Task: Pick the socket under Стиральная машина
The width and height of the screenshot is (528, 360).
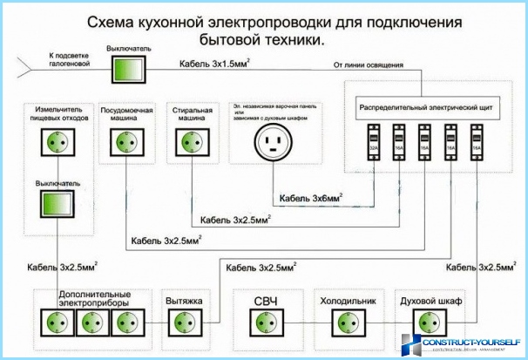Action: click(x=191, y=142)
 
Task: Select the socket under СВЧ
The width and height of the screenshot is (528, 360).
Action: click(x=266, y=323)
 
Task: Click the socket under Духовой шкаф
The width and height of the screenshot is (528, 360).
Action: click(x=425, y=323)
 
